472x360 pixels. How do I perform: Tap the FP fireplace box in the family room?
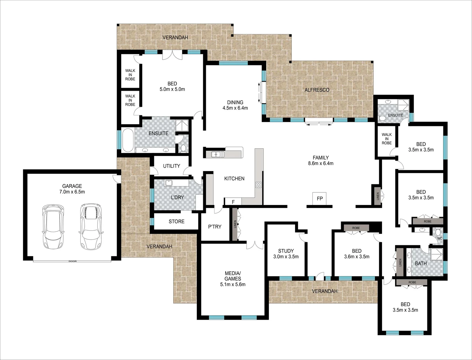(x=320, y=198)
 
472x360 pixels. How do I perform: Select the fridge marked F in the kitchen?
(x=233, y=202)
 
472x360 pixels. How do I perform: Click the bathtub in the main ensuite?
(x=128, y=140)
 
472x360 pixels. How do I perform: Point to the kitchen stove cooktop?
(x=258, y=185)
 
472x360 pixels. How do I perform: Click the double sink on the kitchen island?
(x=216, y=154)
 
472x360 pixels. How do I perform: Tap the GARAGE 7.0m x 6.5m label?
(x=72, y=189)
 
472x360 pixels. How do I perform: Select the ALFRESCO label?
(x=317, y=90)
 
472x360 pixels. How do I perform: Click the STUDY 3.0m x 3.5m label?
(x=286, y=254)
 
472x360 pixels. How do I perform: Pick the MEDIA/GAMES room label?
(x=233, y=279)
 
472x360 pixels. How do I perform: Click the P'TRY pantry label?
(x=215, y=227)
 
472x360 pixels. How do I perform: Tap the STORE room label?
(x=176, y=221)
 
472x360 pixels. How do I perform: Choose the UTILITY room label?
(x=172, y=166)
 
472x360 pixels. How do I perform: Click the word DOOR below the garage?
(x=72, y=261)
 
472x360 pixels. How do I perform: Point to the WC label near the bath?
(x=439, y=239)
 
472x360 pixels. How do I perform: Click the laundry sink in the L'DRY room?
(x=169, y=183)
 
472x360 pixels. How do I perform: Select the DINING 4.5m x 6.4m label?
(x=235, y=105)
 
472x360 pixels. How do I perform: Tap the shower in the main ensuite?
(x=182, y=125)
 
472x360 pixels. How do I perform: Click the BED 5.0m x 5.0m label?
(x=172, y=86)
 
